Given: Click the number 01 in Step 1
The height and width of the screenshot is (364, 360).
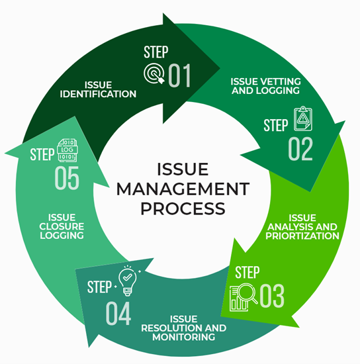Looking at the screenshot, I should pos(179,75).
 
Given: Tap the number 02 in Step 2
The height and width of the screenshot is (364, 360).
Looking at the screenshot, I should pos(300,150).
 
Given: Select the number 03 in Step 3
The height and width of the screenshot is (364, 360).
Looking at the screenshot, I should pos(271,296).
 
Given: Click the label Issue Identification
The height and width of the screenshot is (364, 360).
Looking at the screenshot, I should pos(110,89).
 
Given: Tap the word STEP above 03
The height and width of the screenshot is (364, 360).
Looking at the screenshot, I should pos(248,273).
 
